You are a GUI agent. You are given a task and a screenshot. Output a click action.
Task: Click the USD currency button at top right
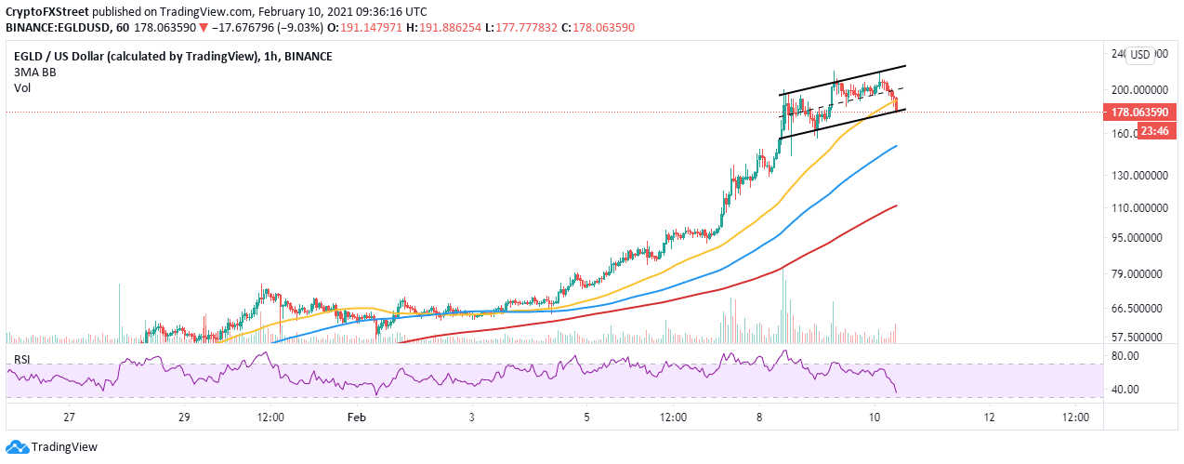click(1140, 55)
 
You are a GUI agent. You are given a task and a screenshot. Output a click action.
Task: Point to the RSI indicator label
click(22, 359)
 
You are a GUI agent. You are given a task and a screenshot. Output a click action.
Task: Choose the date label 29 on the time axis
click(184, 418)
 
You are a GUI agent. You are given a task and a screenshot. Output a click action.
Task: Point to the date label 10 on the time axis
click(874, 418)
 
